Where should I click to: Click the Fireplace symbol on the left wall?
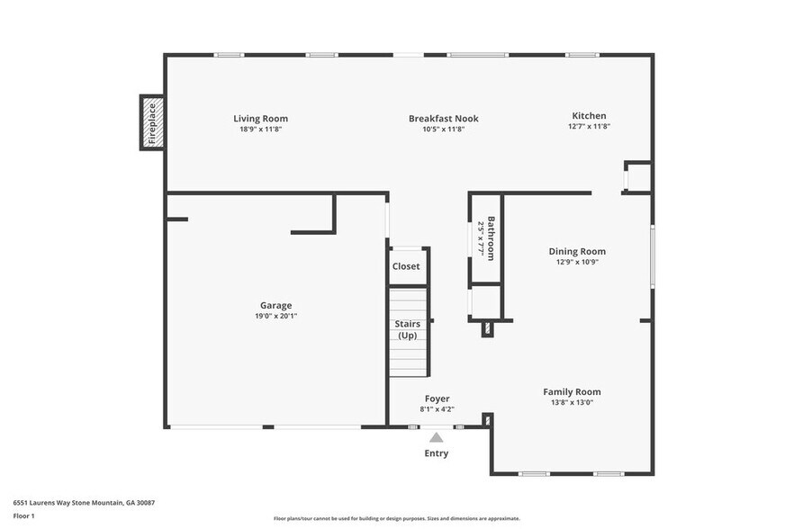coord(150,123)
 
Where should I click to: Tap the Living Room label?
coord(260,118)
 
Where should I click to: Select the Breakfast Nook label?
coord(443,118)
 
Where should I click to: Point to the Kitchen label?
coord(589,115)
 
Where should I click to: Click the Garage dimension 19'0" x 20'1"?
coord(275,317)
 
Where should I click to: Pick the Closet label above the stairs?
coord(405,266)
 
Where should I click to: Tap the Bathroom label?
coord(492,238)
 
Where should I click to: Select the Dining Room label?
coord(577,251)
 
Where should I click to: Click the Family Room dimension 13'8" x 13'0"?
coord(572,403)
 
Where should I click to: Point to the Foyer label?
coord(437,399)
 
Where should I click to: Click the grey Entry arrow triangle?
coord(436,436)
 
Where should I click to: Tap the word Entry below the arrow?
coord(436,453)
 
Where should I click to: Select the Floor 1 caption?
coord(23,516)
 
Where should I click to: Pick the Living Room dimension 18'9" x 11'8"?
coord(260,130)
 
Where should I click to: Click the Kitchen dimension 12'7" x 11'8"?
coord(589,127)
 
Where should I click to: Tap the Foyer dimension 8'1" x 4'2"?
coord(437,409)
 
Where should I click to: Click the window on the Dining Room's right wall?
coord(653,256)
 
